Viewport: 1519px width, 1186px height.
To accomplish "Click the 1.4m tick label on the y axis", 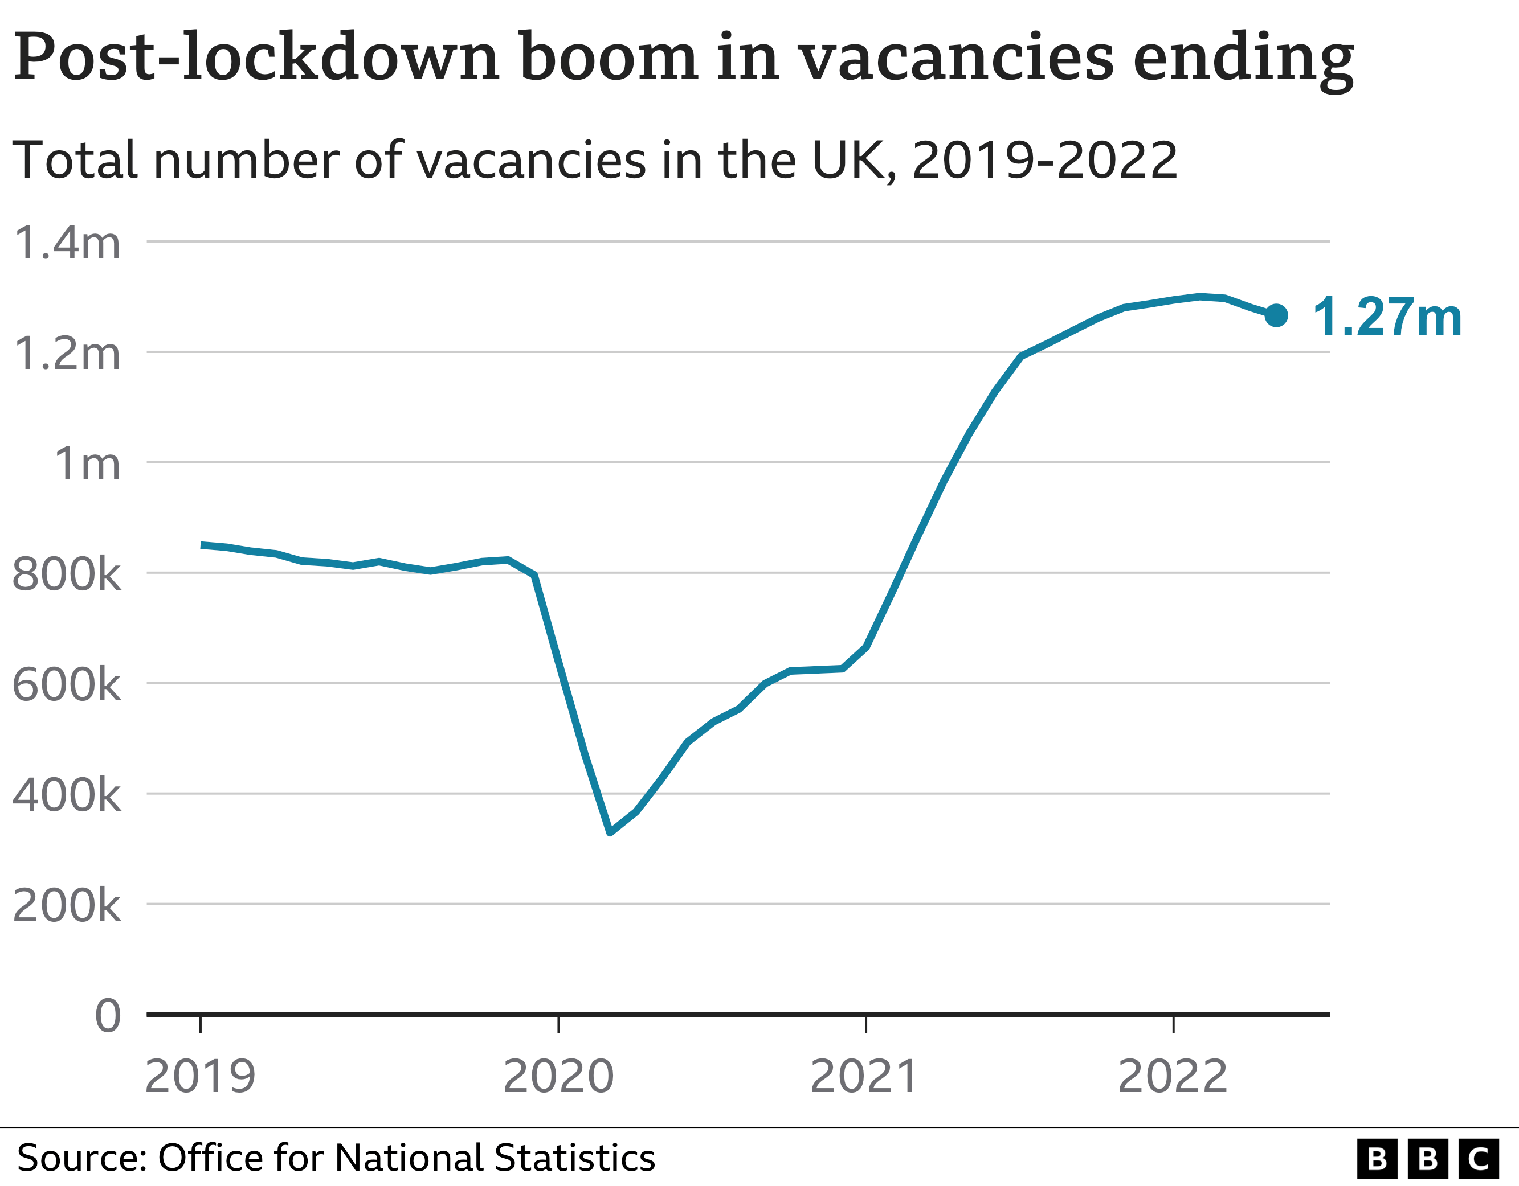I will point(67,243).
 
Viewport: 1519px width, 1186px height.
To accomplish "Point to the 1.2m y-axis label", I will point(67,354).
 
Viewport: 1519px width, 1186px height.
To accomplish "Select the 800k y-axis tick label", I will point(67,575).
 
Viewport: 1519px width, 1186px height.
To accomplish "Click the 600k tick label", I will point(67,686).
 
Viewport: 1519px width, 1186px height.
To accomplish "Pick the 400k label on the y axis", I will point(67,795).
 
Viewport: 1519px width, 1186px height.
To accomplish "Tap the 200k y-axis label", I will point(67,906).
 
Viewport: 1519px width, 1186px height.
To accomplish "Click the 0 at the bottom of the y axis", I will point(108,1016).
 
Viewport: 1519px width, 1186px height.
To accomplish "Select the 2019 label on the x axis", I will point(201,1077).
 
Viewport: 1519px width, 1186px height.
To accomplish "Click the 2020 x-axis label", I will point(558,1077).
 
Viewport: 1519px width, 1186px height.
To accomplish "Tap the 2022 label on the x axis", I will point(1173,1077).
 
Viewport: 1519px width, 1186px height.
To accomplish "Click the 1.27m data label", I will point(1387,317).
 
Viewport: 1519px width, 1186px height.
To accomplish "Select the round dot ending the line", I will point(1276,315).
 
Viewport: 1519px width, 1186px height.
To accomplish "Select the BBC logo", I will point(1427,1159).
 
